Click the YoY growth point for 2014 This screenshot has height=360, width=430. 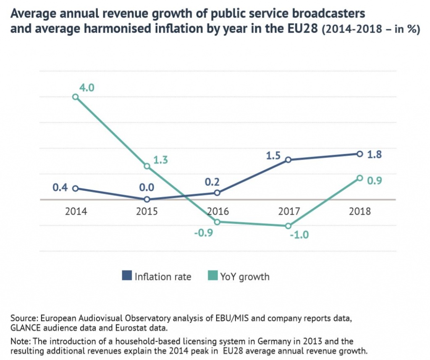click(x=76, y=97)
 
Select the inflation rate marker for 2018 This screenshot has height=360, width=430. click(x=359, y=154)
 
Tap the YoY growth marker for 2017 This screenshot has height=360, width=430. click(x=288, y=226)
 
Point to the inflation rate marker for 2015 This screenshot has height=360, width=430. click(x=147, y=200)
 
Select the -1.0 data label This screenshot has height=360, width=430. click(x=299, y=235)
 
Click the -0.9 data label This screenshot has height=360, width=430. click(x=204, y=232)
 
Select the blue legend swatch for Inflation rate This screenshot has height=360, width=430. click(x=126, y=276)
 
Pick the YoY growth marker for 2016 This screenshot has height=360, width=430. click(x=218, y=222)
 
